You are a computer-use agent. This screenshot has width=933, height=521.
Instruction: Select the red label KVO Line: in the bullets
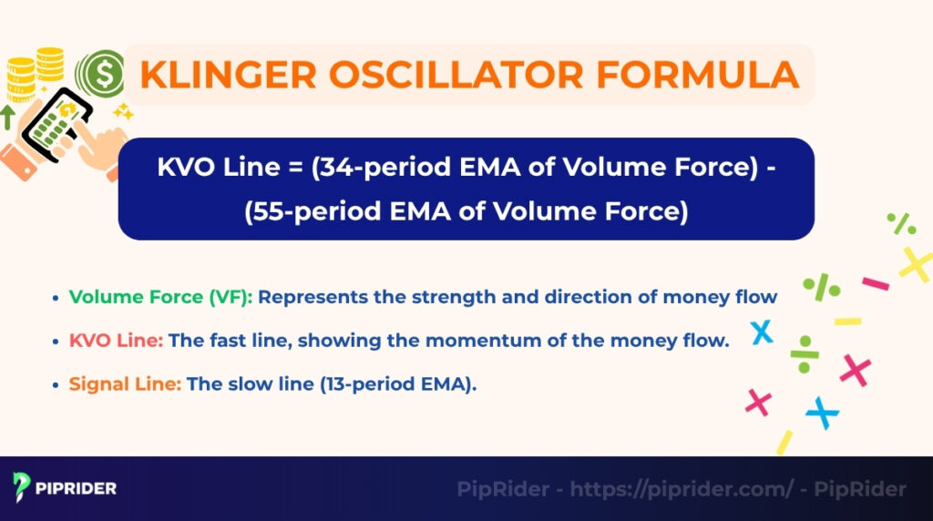[x=116, y=341]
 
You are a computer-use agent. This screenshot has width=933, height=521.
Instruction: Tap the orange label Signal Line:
[x=125, y=384]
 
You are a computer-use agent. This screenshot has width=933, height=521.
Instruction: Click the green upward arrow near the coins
[x=8, y=117]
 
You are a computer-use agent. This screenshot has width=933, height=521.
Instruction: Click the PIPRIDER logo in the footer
[x=65, y=488]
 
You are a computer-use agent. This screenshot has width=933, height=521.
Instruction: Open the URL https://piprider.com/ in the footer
[x=682, y=489]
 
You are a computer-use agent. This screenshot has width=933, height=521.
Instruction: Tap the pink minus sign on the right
[x=876, y=283]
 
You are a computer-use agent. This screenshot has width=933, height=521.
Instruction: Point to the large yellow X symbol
[x=915, y=263]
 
